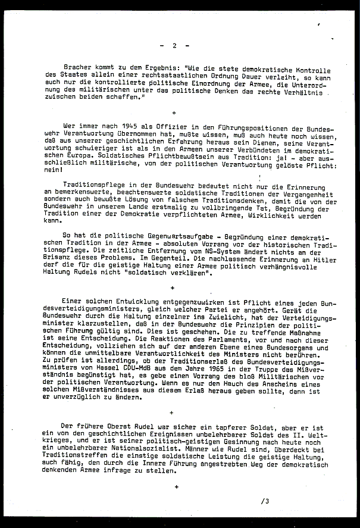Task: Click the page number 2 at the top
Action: [174, 46]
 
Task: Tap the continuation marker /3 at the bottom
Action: [265, 501]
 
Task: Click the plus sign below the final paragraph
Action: [176, 487]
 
